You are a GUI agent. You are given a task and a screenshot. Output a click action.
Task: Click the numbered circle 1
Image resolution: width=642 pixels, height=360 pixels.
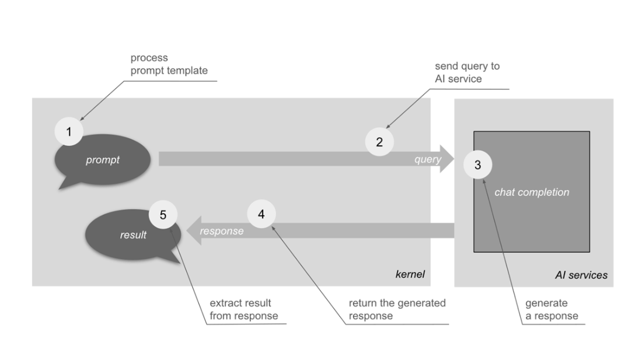coord(69,132)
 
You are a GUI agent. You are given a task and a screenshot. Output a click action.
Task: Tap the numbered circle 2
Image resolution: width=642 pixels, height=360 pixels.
coord(379,141)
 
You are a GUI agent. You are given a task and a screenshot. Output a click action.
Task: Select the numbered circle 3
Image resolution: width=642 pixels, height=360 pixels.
coord(477,165)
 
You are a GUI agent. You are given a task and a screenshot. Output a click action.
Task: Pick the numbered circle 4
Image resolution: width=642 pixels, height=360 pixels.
coord(261,214)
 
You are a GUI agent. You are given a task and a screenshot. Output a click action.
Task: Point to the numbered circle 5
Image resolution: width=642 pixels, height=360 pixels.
coord(163,215)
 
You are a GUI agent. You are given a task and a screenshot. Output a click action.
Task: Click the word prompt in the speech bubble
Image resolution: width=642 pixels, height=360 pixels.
coord(102,159)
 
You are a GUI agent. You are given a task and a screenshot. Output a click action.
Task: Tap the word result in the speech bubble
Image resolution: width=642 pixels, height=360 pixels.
coord(133,235)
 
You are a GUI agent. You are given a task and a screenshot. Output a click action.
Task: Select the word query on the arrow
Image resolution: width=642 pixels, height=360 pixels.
coord(427,159)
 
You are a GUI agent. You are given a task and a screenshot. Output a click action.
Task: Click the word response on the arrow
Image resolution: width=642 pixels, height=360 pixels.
coord(221,231)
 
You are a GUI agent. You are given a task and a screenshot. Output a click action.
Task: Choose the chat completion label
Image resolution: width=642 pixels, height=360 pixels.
coord(531,192)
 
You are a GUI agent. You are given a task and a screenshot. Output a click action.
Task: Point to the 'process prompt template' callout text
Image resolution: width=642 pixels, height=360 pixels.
coord(169,64)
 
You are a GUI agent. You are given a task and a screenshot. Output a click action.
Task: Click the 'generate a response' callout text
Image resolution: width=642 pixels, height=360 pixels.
coord(552,310)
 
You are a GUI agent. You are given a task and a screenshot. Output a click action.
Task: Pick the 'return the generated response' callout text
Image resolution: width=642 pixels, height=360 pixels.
coord(397,309)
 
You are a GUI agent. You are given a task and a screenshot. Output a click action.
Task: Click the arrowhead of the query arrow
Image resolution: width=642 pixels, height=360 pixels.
coord(446,159)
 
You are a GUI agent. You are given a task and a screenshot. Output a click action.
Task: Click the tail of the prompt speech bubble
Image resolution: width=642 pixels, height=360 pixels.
coord(65,184)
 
